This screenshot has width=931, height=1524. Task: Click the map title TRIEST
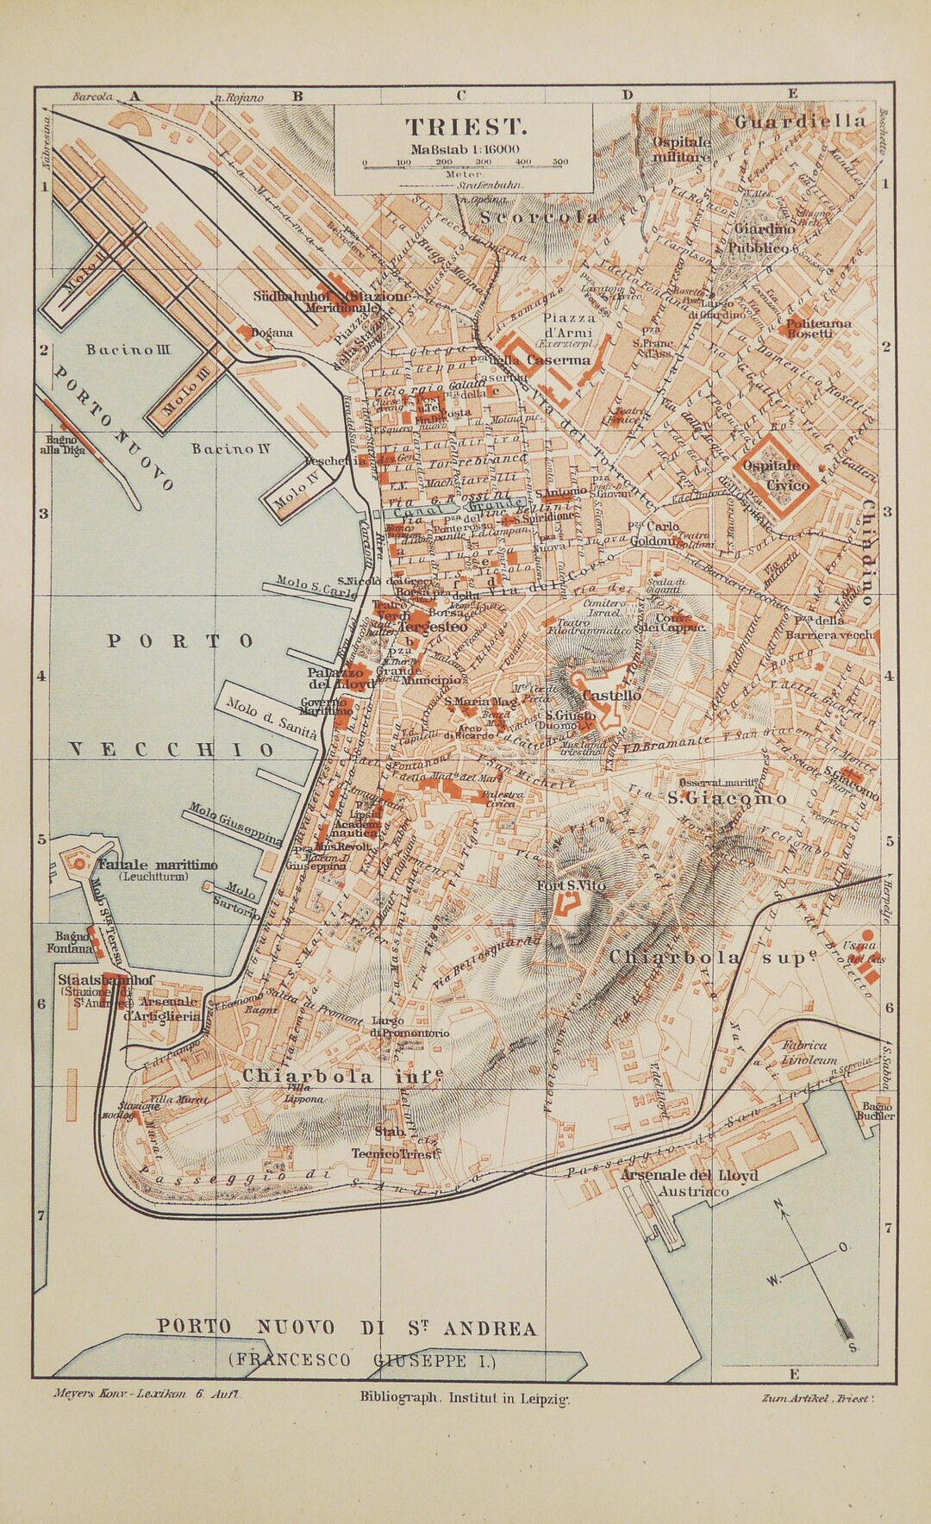point(465,127)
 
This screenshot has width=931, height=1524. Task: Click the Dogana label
point(272,332)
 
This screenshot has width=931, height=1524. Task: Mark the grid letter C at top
point(461,95)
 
